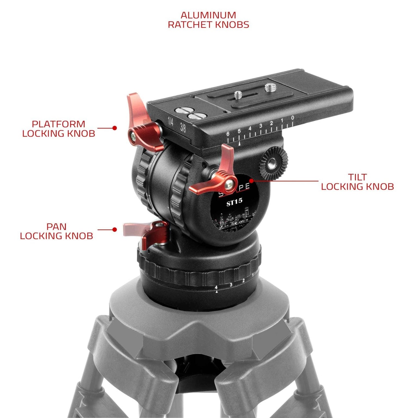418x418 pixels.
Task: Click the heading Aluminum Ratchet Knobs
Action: pyautogui.click(x=208, y=20)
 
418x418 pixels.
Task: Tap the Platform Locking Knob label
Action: pyautogui.click(x=58, y=129)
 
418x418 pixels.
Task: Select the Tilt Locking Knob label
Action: pyautogui.click(x=357, y=182)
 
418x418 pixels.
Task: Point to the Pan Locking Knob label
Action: pyautogui.click(x=56, y=231)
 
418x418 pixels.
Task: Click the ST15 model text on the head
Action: pyautogui.click(x=234, y=203)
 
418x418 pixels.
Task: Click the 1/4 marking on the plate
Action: pyautogui.click(x=171, y=122)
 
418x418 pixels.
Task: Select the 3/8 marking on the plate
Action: pyautogui.click(x=183, y=128)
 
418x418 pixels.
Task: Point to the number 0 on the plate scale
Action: pyautogui.click(x=293, y=118)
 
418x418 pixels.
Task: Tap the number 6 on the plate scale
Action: pyautogui.click(x=228, y=134)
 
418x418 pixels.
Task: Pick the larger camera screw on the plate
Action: pyautogui.click(x=269, y=87)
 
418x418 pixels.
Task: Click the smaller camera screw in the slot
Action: pyautogui.click(x=238, y=94)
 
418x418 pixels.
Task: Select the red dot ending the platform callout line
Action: pyautogui.click(x=115, y=128)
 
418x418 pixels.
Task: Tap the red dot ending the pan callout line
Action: pyautogui.click(x=115, y=229)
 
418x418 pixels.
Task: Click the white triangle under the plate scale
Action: pyautogui.click(x=239, y=143)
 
